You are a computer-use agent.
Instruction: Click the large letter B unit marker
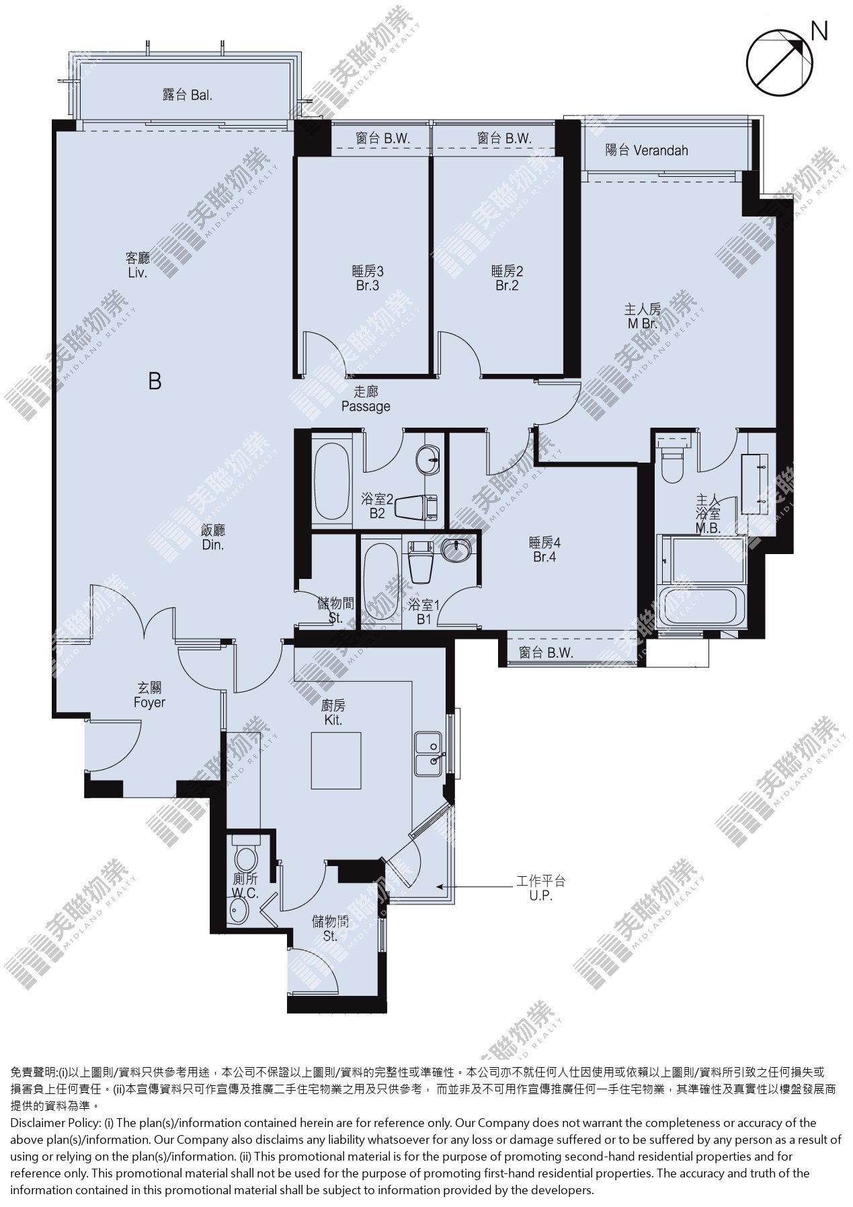pyautogui.click(x=155, y=382)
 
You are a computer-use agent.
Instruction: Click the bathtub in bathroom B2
pyautogui.click(x=330, y=479)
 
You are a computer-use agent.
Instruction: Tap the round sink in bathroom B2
pyautogui.click(x=428, y=461)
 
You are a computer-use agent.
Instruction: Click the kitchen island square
pyautogui.click(x=336, y=761)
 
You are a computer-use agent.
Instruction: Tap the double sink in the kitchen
pyautogui.click(x=428, y=753)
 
